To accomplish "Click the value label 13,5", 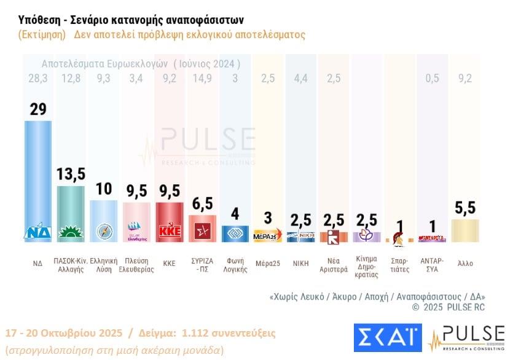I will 71,174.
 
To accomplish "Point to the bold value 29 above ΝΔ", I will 37,109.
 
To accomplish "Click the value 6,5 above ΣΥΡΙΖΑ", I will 202,204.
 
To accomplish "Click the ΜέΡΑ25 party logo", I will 267,236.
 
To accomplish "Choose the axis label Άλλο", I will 465,263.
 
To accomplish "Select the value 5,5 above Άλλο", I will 465,208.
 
